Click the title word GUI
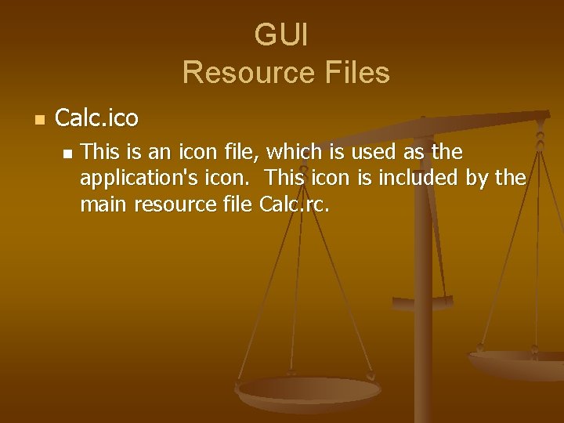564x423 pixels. click(x=282, y=35)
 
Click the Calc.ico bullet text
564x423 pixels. click(x=96, y=119)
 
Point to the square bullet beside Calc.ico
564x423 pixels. click(x=40, y=120)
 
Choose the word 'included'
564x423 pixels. click(x=419, y=178)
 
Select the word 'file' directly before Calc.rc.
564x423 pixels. click(x=236, y=204)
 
